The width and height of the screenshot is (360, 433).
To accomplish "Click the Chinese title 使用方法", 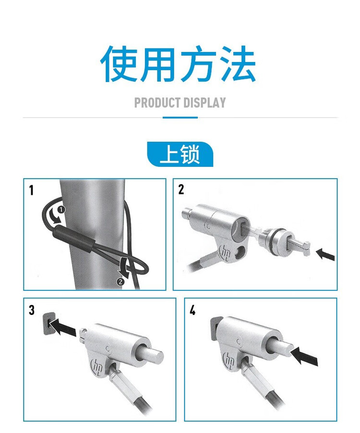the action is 178,64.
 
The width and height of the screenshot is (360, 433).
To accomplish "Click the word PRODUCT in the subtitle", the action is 157,103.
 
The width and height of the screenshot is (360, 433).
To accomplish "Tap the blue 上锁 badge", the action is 180,154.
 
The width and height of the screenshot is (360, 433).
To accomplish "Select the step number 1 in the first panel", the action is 31,190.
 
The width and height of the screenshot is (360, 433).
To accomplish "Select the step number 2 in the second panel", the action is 181,190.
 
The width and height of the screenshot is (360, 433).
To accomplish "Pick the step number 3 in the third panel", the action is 32,310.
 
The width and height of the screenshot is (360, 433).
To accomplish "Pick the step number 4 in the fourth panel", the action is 192,310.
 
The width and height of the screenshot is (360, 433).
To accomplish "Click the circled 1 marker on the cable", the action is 61,210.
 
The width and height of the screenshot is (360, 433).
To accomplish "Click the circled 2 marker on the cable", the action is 120,282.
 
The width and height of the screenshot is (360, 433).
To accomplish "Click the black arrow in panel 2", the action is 325,254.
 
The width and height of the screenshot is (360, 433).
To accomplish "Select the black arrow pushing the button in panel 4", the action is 304,356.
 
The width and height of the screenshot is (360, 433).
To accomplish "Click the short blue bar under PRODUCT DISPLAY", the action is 180,118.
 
